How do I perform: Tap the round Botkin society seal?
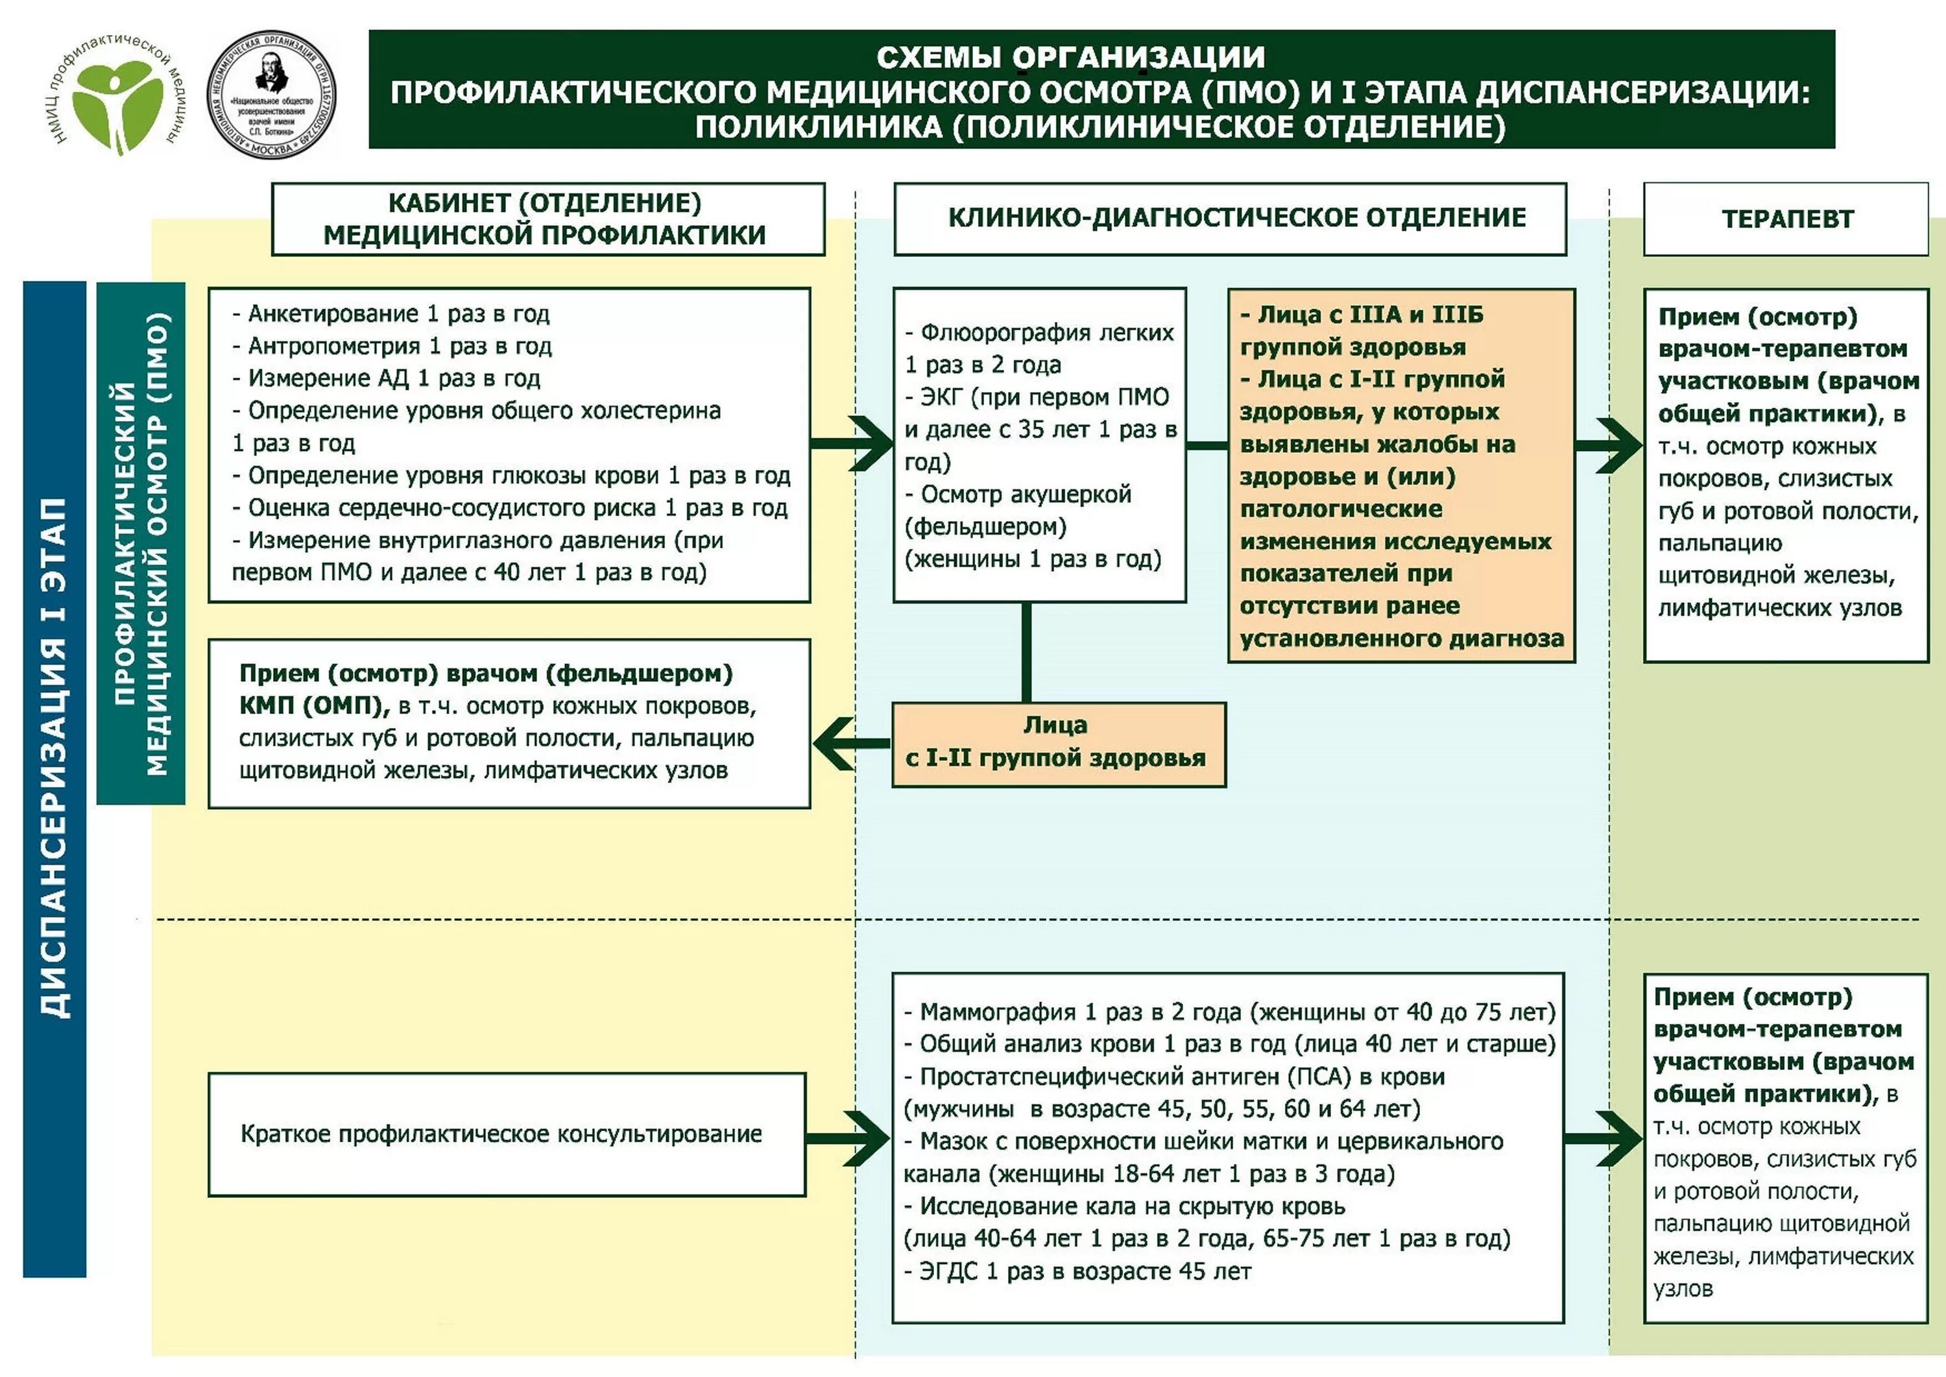(x=271, y=94)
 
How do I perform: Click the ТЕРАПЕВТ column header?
(x=1786, y=219)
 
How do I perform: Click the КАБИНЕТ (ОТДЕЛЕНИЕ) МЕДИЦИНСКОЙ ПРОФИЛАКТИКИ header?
(x=547, y=219)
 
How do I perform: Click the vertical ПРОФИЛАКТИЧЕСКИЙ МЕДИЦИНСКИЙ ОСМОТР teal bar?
(x=141, y=542)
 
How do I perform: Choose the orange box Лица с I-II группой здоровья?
(x=1058, y=743)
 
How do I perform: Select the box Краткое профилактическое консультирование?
(x=507, y=1134)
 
